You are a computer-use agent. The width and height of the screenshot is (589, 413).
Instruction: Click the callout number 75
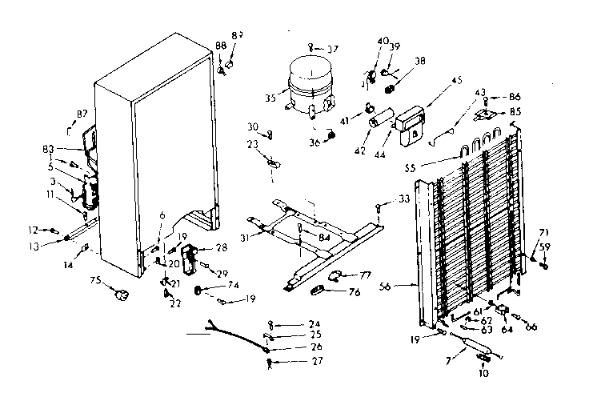pos(95,282)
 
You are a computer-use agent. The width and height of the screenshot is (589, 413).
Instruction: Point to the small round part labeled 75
pos(123,295)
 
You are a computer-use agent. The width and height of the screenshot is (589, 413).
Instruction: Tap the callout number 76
pos(354,293)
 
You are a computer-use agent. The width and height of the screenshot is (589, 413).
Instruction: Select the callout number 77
pos(365,275)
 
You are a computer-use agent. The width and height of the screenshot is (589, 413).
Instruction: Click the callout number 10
pos(483,372)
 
